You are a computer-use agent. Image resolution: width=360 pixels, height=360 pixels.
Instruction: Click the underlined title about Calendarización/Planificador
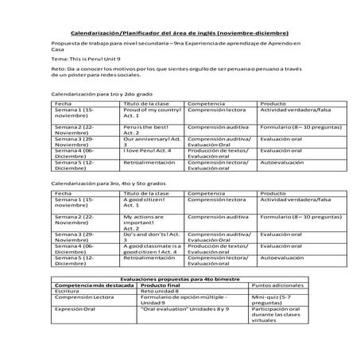pos(180,33)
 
